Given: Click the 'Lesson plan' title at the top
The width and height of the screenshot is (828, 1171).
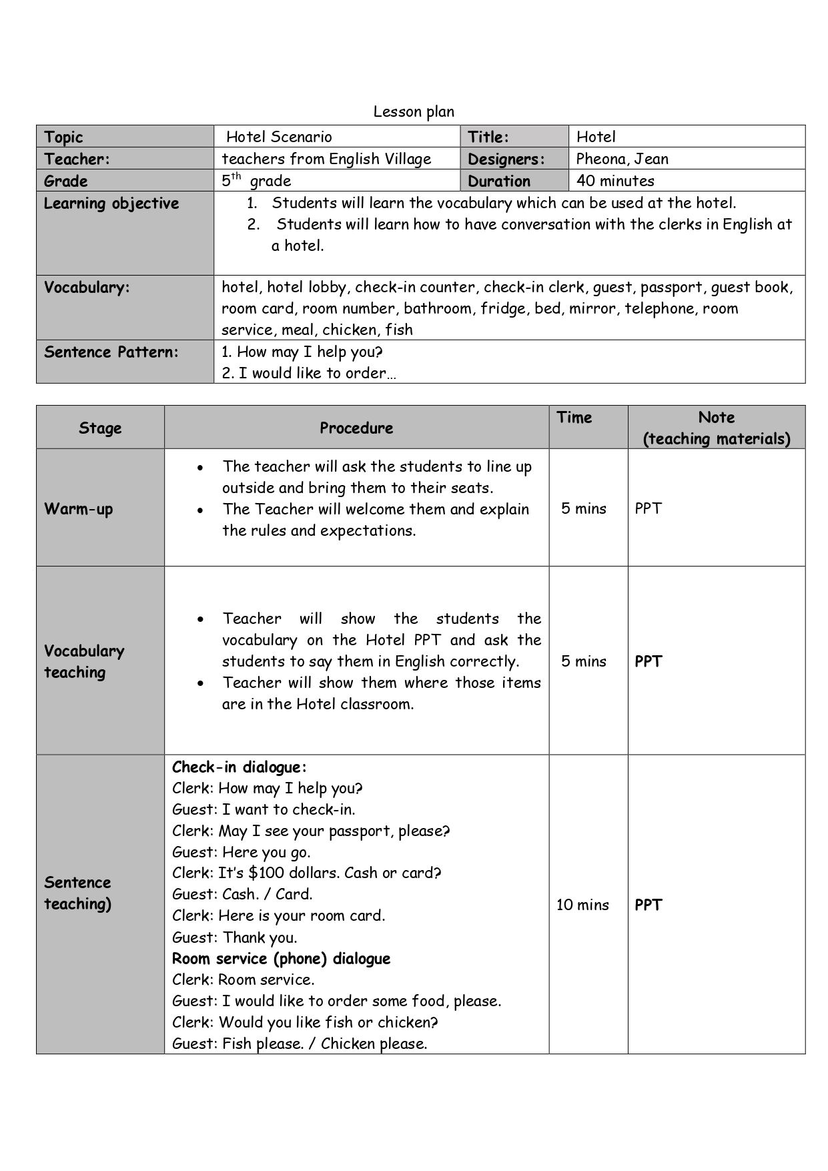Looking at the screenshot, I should pyautogui.click(x=414, y=111).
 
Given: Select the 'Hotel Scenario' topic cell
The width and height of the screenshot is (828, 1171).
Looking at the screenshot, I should pyautogui.click(x=279, y=137).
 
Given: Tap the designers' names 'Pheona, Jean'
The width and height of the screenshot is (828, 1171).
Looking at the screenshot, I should pyautogui.click(x=622, y=159).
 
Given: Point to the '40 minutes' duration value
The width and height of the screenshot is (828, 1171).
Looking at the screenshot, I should pyautogui.click(x=615, y=181).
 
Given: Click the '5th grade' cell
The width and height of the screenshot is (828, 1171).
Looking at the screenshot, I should pyautogui.click(x=256, y=181).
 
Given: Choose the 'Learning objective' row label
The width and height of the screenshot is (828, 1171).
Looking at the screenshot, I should pyautogui.click(x=111, y=204).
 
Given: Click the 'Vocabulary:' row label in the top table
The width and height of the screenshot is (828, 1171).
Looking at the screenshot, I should pyautogui.click(x=87, y=288).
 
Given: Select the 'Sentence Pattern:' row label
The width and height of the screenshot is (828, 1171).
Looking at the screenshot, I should pyautogui.click(x=111, y=352).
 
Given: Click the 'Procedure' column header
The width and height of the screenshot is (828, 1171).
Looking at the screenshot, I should pyautogui.click(x=356, y=428).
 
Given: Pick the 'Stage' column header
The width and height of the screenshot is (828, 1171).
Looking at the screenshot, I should pyautogui.click(x=100, y=428).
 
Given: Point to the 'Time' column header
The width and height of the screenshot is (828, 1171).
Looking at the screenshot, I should pyautogui.click(x=574, y=418).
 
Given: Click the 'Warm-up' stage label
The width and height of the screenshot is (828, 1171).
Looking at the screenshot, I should pyautogui.click(x=79, y=509).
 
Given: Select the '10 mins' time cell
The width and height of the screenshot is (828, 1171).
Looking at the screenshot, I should pyautogui.click(x=582, y=905).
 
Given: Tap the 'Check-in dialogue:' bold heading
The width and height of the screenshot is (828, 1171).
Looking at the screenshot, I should pyautogui.click(x=240, y=767).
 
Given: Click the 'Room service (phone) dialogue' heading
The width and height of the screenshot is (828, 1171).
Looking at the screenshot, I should pyautogui.click(x=281, y=959).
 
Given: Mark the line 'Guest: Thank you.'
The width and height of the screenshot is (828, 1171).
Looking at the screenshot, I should pyautogui.click(x=235, y=937).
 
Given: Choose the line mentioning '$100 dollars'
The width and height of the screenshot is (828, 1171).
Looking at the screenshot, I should pyautogui.click(x=307, y=873).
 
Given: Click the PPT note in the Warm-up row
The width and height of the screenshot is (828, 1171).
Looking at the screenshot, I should pyautogui.click(x=648, y=508).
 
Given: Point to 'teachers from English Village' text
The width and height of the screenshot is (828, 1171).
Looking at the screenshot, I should pyautogui.click(x=326, y=159).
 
